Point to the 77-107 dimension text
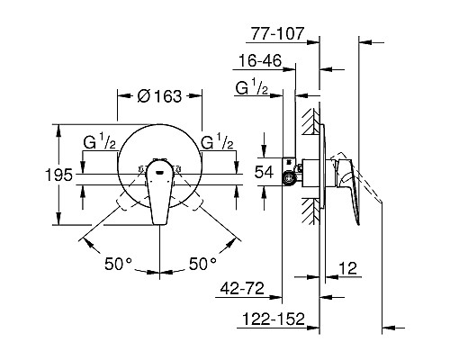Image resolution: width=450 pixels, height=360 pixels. click(276, 36)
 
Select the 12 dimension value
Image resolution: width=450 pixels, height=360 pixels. click(351, 267)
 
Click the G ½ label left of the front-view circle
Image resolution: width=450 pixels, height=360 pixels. click(99, 142)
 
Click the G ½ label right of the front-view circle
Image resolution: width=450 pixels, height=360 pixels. click(219, 142)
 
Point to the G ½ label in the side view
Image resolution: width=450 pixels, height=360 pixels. click(254, 87)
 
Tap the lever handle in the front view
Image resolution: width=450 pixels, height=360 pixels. click(159, 194)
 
